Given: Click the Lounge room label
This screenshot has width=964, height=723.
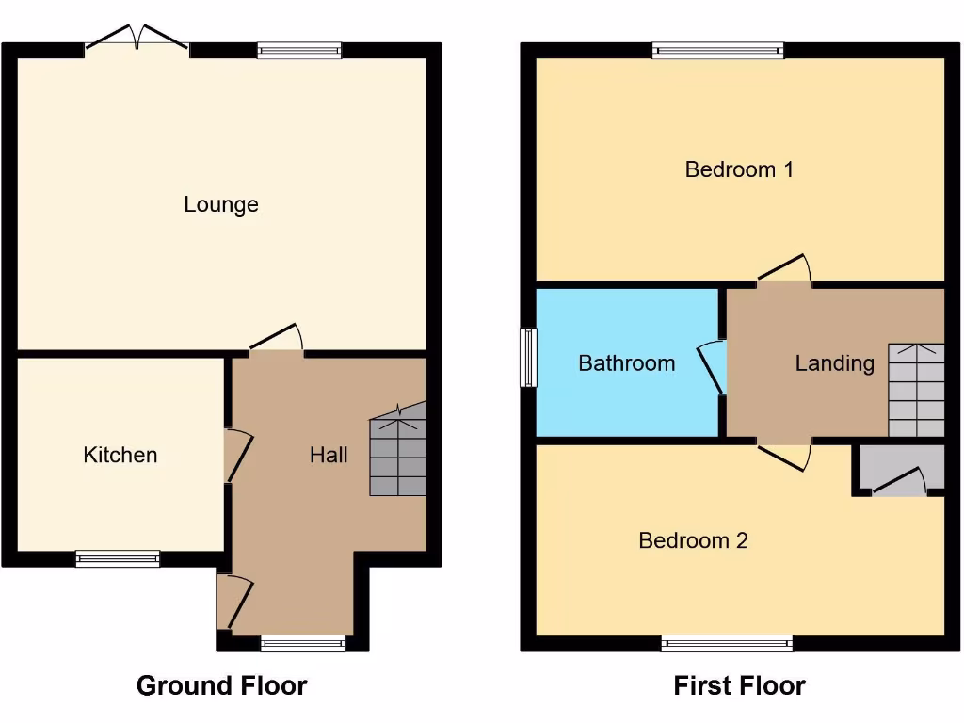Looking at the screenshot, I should (220, 204).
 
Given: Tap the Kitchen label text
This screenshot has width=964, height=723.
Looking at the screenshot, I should (120, 455).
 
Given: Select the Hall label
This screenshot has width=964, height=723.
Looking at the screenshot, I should (329, 455).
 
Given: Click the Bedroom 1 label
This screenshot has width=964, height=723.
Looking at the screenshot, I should (739, 169).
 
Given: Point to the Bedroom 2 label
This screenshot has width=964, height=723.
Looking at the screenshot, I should (693, 540).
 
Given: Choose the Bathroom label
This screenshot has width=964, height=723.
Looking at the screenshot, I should (626, 362).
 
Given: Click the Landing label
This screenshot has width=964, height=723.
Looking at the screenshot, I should (834, 362).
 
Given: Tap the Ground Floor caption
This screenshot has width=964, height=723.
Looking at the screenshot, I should (221, 685).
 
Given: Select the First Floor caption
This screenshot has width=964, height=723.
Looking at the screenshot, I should (739, 685).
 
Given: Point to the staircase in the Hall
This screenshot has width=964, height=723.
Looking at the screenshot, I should (398, 452).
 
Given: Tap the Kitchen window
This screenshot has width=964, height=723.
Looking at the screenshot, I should (118, 558).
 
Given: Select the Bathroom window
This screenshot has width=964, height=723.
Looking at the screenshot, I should (529, 357).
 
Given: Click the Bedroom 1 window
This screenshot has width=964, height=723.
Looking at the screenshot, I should (717, 51).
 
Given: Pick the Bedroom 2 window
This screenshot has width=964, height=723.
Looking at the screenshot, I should (727, 643).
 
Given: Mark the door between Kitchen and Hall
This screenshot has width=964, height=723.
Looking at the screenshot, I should (237, 456).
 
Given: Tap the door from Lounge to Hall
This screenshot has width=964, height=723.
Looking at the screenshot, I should (277, 342).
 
